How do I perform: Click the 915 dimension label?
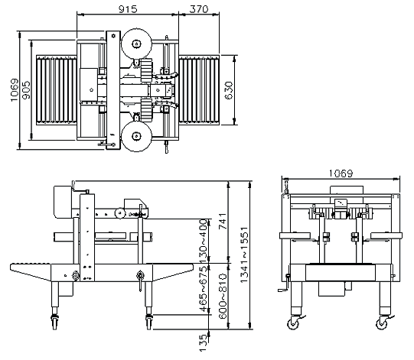click(128, 9)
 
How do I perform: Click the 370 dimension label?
click(199, 9)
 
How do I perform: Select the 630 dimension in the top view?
click(229, 90)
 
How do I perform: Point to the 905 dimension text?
click(27, 90)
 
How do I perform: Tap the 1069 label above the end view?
click(341, 174)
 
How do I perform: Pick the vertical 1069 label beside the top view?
click(15, 90)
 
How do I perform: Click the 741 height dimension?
click(223, 221)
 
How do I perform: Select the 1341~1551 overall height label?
click(244, 255)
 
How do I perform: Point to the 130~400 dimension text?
click(204, 241)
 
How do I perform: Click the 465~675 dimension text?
click(204, 289)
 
